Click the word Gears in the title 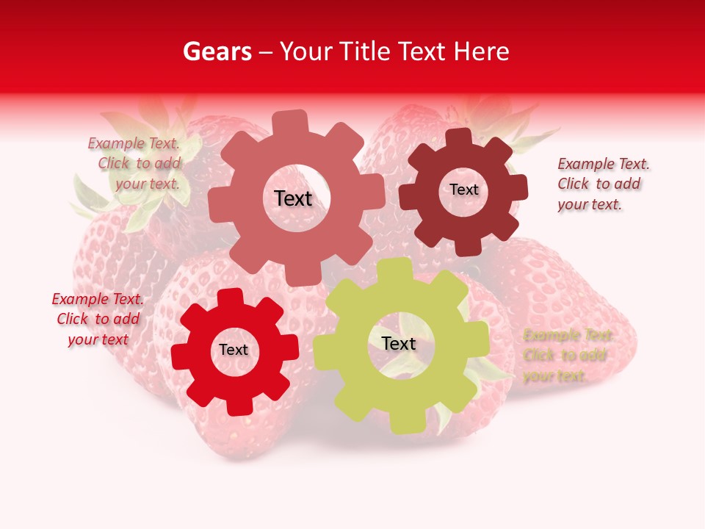tap(217, 51)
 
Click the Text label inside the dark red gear tap(463, 190)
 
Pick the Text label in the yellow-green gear tap(399, 343)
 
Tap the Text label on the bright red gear tap(234, 350)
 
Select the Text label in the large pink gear tap(293, 198)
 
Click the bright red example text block tap(98, 319)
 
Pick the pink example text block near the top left tap(137, 163)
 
